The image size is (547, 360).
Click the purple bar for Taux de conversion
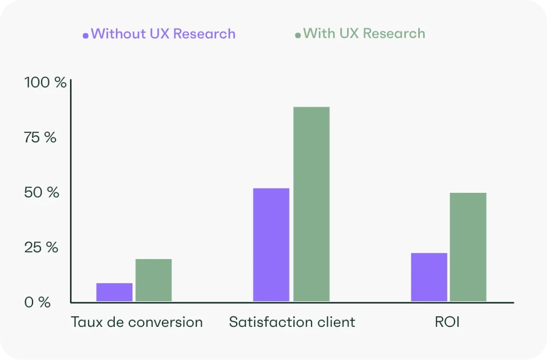pyautogui.click(x=114, y=292)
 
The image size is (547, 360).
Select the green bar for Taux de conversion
pyautogui.click(x=153, y=280)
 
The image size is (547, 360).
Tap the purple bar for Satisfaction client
pyautogui.click(x=271, y=245)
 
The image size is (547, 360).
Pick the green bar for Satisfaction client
pyautogui.click(x=311, y=204)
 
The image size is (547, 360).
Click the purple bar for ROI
pyautogui.click(x=429, y=277)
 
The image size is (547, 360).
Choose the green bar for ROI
pyautogui.click(x=468, y=247)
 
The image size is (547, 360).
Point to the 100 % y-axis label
pyautogui.click(x=45, y=83)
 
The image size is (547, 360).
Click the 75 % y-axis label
pyautogui.click(x=40, y=137)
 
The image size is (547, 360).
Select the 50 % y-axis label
pyautogui.click(x=41, y=192)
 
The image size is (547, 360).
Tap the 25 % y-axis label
pyautogui.click(x=41, y=247)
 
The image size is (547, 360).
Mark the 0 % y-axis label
pyautogui.click(x=37, y=302)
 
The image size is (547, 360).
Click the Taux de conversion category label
pyautogui.click(x=137, y=322)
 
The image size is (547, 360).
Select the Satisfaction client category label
pyautogui.click(x=292, y=322)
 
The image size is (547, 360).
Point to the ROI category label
pyautogui.click(x=447, y=322)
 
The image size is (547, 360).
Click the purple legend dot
pyautogui.click(x=85, y=36)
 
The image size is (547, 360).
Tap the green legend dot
pyautogui.click(x=298, y=36)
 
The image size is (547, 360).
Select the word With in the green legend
pyautogui.click(x=318, y=34)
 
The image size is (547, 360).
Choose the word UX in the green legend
pyautogui.click(x=348, y=34)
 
